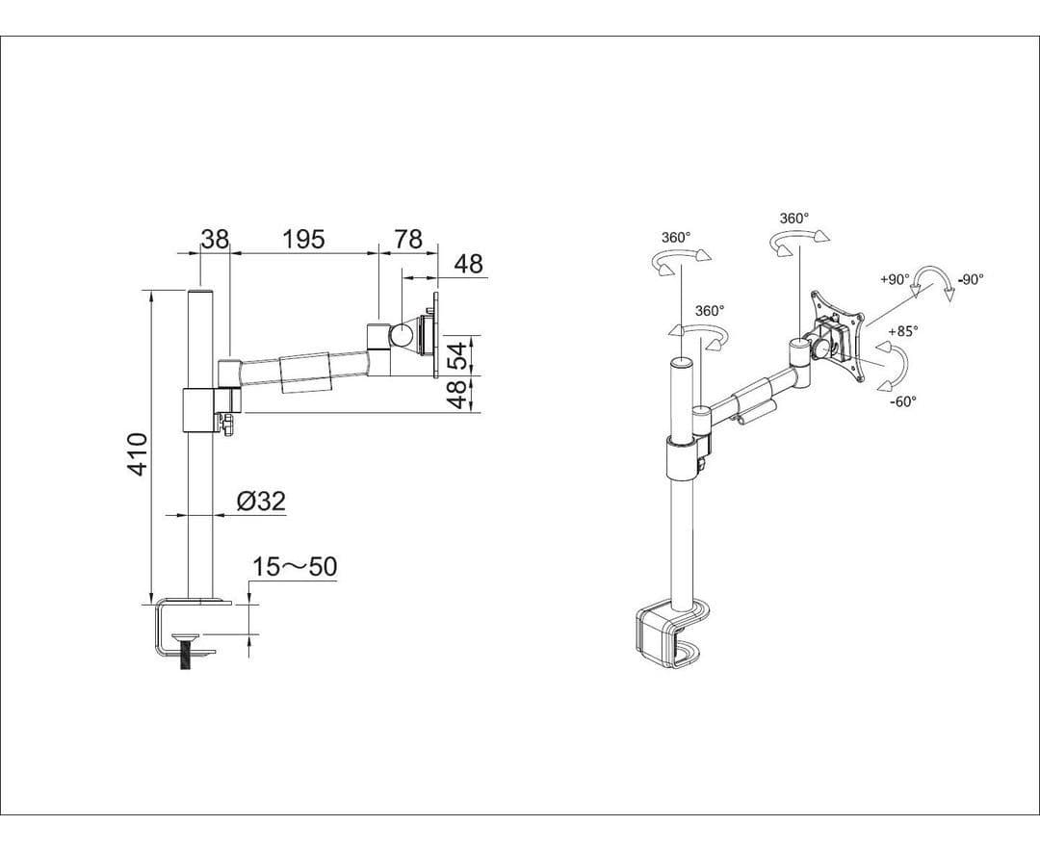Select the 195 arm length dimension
click(303, 239)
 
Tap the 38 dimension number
click(214, 239)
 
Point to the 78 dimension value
click(408, 239)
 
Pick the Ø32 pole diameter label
click(260, 502)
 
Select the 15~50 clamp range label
click(295, 567)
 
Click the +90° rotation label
click(895, 280)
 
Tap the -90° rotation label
click(970, 280)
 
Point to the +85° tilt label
click(902, 331)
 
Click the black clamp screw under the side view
click(185, 658)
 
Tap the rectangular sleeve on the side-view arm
click(304, 374)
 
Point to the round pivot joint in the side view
click(400, 335)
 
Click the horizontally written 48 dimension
click(468, 265)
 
